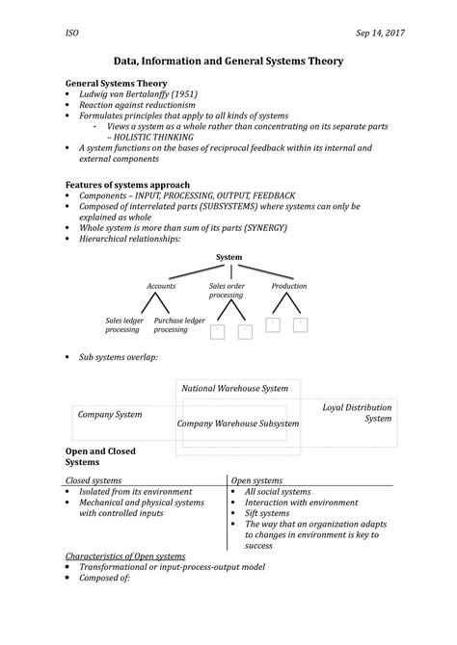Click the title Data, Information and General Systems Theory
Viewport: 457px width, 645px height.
(228, 61)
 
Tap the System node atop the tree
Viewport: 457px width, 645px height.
(228, 257)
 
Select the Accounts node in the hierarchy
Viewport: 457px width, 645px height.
(161, 286)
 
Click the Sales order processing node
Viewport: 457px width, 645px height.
(227, 291)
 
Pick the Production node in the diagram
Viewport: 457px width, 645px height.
(288, 286)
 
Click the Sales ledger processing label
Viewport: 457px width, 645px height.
(122, 324)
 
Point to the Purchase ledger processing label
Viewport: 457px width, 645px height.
(179, 324)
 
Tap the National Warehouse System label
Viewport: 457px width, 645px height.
(235, 388)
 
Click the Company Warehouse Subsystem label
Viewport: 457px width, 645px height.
(238, 423)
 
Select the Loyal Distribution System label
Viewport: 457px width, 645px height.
(357, 413)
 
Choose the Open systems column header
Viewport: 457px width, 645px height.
(257, 479)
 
